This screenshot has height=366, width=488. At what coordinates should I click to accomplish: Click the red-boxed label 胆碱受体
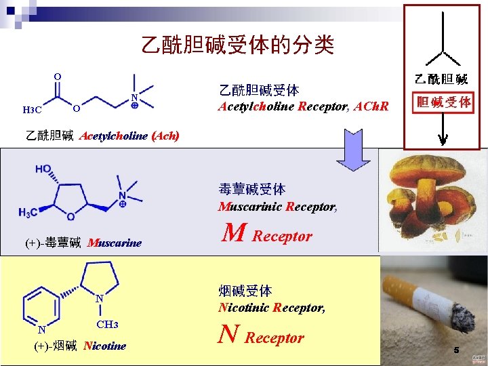[x=444, y=102]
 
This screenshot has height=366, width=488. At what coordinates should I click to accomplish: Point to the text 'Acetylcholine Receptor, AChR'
[x=303, y=106]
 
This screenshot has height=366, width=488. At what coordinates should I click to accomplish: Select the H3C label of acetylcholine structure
[x=32, y=110]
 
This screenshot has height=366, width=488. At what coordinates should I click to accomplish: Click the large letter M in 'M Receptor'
[x=234, y=234]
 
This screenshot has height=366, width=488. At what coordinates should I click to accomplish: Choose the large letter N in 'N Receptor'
[x=230, y=335]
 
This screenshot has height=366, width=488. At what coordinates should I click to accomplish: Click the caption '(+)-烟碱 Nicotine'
[x=80, y=346]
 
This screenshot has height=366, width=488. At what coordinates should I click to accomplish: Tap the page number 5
[x=456, y=350]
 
